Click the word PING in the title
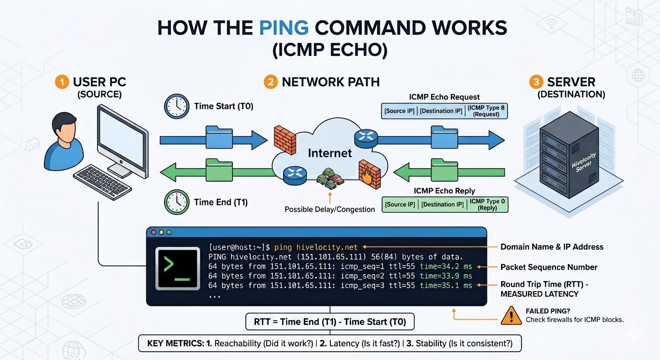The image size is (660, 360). pos(284,28)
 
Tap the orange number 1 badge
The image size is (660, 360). pos(62,82)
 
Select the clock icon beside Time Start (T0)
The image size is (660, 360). pos(176,106)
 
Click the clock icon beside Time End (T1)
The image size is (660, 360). pos(176,202)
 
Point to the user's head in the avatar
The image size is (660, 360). pos(64,126)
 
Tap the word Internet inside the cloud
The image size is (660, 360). pos(330,153)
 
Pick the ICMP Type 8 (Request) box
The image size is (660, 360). pos(487,111)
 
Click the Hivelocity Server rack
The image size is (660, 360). pos(569,152)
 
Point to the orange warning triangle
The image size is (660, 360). pos(511,315)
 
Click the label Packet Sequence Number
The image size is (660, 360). pos(548,267)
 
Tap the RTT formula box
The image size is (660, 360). pos(330,322)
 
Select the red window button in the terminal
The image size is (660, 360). pos(153,232)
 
